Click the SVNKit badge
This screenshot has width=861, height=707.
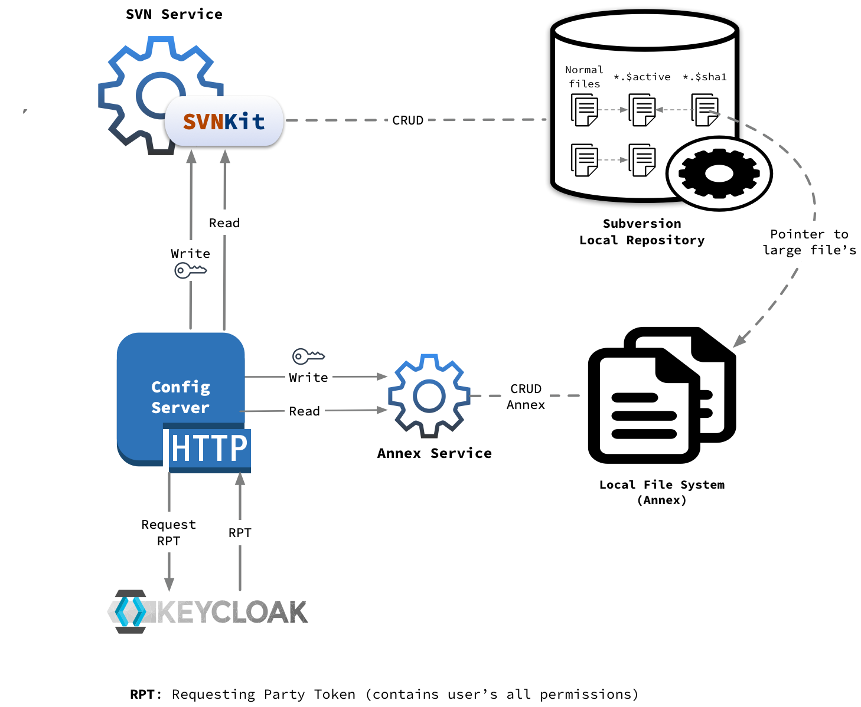224,121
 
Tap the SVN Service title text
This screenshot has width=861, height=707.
174,14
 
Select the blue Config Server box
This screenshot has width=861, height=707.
180,389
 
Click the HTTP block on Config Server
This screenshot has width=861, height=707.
209,449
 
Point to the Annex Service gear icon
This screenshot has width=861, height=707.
429,396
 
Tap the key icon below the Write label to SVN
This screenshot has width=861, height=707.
190,271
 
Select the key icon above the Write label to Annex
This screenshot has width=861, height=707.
308,356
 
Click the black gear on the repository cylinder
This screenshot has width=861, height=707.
719,174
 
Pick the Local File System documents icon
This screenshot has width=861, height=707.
661,395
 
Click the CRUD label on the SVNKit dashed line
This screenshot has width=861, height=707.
407,120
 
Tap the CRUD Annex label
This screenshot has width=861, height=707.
526,397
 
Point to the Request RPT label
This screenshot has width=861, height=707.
168,532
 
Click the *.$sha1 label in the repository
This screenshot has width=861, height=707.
705,77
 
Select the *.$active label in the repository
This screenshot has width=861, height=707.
642,77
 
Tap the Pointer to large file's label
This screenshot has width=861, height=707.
809,242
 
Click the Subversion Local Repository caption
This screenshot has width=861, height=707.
642,232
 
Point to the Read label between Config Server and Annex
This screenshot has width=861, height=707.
304,411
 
